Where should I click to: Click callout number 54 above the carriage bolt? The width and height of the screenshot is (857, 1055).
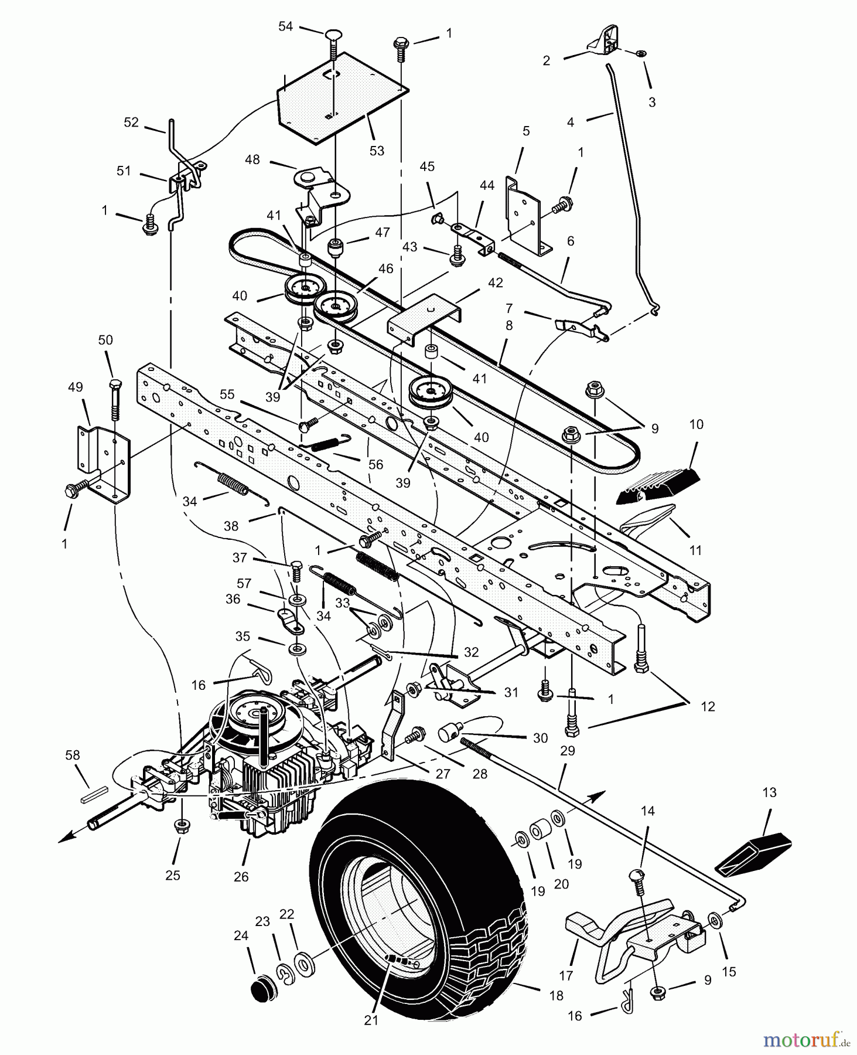click(x=285, y=27)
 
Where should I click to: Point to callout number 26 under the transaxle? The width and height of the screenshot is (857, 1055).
click(x=241, y=877)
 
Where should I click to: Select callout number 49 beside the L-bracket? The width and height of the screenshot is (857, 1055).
click(x=76, y=387)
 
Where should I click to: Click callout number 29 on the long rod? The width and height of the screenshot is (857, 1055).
click(x=567, y=751)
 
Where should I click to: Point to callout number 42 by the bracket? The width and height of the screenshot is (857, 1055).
click(x=495, y=283)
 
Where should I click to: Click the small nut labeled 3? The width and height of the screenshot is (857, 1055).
click(x=640, y=53)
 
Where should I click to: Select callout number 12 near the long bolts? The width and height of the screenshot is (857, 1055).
click(x=708, y=706)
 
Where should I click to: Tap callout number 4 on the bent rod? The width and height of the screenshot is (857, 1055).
click(x=571, y=122)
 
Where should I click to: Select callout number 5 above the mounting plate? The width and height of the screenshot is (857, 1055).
click(x=525, y=131)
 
